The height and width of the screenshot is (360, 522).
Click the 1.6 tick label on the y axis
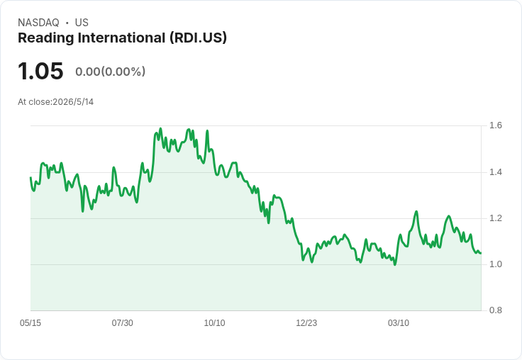(495, 125)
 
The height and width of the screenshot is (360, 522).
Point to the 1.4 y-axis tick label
(495, 172)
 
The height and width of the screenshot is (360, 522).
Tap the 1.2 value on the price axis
(495, 218)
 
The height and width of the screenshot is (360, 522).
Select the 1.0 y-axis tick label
(495, 264)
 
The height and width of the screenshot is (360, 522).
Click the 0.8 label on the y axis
(495, 310)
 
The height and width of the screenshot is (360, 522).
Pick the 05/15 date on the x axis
(30, 322)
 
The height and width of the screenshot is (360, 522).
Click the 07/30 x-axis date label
(122, 322)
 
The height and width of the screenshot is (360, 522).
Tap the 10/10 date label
(214, 322)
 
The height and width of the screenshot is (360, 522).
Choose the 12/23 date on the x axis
(306, 322)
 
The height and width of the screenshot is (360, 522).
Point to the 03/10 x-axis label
(399, 322)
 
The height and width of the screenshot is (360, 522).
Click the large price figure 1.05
(40, 71)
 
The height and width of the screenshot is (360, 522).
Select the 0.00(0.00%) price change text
(110, 72)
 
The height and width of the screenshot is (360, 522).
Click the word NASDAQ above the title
(38, 23)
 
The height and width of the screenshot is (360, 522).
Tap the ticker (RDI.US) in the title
(198, 38)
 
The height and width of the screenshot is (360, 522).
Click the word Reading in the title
(46, 38)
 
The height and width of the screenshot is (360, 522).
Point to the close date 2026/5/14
(73, 102)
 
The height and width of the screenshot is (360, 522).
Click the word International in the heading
(122, 38)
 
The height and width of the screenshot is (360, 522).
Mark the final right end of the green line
(481, 254)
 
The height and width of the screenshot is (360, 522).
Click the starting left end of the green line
(30, 177)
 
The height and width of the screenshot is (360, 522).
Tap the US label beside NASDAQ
(82, 23)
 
